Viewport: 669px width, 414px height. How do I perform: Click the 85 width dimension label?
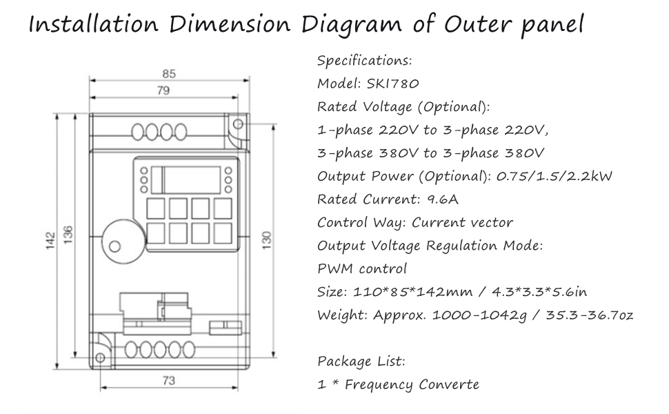coord(169,74)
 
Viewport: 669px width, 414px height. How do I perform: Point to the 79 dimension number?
coord(163,90)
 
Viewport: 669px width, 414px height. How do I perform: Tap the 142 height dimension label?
coord(51,241)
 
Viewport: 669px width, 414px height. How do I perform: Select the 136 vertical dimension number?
coord(68,235)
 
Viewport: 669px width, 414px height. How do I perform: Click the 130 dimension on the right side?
coord(267,240)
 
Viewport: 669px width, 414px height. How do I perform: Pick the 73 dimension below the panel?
coord(169,380)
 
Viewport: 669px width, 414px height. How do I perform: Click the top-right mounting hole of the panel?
coord(238,124)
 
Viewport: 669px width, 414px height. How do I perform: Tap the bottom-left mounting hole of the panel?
coord(100,357)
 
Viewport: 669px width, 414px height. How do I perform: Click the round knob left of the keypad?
coord(123,241)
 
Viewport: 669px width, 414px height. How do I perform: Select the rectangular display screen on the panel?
coord(192,180)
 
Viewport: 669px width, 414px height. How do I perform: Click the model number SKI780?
coord(393,83)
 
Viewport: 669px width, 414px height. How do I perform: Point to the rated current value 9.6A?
coord(443,199)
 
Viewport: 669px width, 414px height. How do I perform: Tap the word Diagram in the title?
coord(352,25)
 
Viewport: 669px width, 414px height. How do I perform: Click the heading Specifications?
coord(365,61)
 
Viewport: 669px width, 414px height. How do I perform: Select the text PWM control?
coord(362,269)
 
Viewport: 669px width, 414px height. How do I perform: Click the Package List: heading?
coord(361,362)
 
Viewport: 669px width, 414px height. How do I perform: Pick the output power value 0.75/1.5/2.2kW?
coord(555,176)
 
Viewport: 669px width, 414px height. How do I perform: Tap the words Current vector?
coord(462,222)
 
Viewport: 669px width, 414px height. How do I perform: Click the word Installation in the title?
coord(93,24)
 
